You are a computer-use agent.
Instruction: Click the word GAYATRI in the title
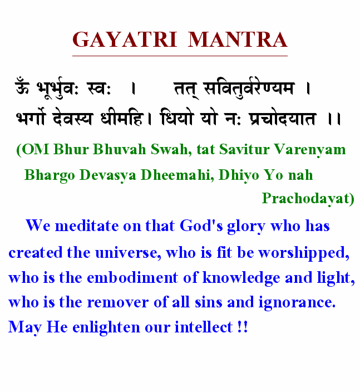125,40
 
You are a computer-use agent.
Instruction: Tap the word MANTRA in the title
238,40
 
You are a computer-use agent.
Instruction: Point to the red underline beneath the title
180,56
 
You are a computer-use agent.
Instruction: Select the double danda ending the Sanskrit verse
334,119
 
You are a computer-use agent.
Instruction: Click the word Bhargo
50,175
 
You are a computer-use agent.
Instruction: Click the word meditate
87,226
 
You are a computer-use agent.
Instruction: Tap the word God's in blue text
201,226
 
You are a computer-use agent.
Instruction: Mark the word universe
128,252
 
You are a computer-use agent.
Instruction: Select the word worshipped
304,253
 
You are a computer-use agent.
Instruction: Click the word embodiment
132,277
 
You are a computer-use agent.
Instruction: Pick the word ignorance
297,303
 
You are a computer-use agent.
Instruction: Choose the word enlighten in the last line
106,328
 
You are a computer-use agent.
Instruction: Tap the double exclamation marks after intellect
243,327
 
